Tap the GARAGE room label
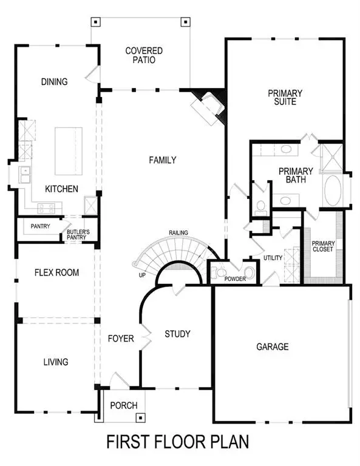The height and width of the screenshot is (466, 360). point(271,346)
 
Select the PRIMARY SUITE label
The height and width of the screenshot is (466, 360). point(285,97)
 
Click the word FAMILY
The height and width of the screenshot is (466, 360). point(162,160)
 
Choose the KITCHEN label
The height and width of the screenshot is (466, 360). point(61,189)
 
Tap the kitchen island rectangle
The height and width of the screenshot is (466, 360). point(69,150)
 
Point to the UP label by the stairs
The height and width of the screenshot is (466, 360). point(141,275)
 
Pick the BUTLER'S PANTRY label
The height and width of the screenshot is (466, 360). point(78,234)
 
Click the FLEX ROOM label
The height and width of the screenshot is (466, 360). point(56,272)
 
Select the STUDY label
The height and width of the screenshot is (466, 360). point(177,334)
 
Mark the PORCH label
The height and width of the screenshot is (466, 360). point(124,405)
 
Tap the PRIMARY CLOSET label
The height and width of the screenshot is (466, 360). point(322,246)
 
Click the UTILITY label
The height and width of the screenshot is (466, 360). point(273,258)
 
